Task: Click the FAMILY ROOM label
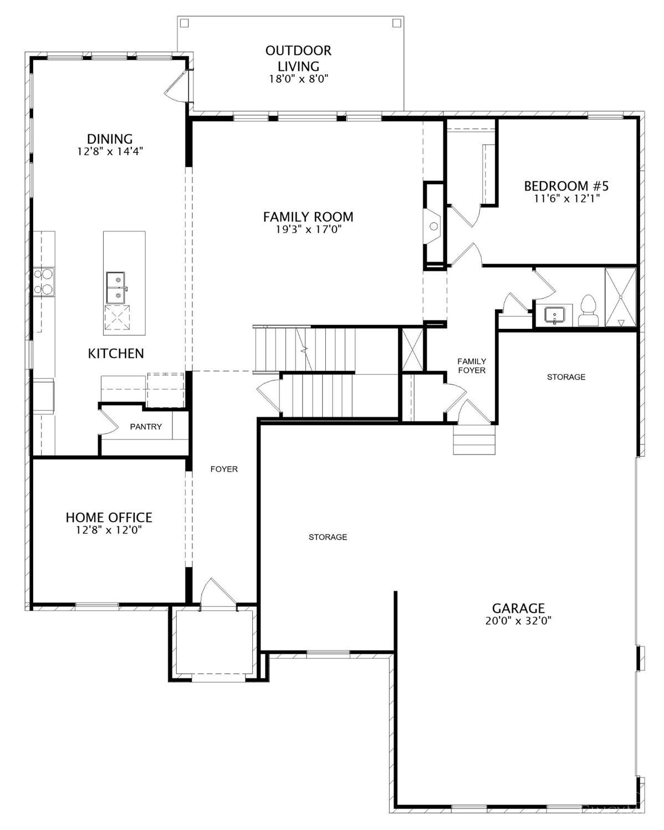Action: [308, 216]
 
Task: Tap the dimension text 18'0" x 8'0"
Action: [299, 79]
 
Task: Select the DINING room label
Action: [110, 139]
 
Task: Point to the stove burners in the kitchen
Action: [43, 282]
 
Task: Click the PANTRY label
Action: [146, 426]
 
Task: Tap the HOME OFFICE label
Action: [109, 517]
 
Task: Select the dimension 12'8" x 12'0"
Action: [109, 530]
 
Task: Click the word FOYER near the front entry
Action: [224, 469]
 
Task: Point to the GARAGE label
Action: [518, 609]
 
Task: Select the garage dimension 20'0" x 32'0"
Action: [518, 621]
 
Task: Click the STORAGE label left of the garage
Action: [328, 537]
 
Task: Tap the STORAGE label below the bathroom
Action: [566, 377]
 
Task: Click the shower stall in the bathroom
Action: [620, 298]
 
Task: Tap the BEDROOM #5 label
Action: [566, 185]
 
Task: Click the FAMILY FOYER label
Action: [471, 365]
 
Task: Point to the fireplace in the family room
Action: [433, 226]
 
